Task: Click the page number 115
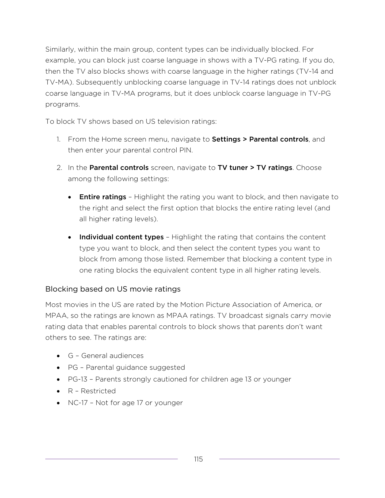[198, 459]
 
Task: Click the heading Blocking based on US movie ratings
[113, 289]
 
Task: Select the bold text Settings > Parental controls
[260, 139]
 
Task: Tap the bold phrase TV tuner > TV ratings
[255, 168]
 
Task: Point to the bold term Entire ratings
[103, 197]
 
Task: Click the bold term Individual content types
[121, 237]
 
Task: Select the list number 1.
[58, 139]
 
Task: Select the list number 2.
[59, 168]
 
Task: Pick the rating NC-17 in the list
[78, 403]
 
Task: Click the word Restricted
[98, 391]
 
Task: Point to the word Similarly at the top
[59, 49]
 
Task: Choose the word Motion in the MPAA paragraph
[192, 305]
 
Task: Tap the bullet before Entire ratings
[70, 197]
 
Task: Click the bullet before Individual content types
[70, 238]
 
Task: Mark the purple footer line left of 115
[111, 459]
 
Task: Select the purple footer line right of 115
[279, 459]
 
